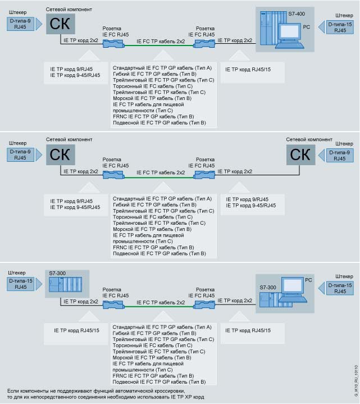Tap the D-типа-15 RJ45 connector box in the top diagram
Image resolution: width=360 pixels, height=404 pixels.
coord(340,27)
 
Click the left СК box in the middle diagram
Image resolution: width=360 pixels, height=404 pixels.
coord(60,155)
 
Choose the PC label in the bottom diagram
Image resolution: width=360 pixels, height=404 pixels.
coord(308,279)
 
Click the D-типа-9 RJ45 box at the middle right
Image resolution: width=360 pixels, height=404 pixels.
coord(340,155)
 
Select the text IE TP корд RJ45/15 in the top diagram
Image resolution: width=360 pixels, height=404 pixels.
coord(248,69)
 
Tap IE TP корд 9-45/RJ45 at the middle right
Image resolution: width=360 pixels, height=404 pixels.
coord(251,206)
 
